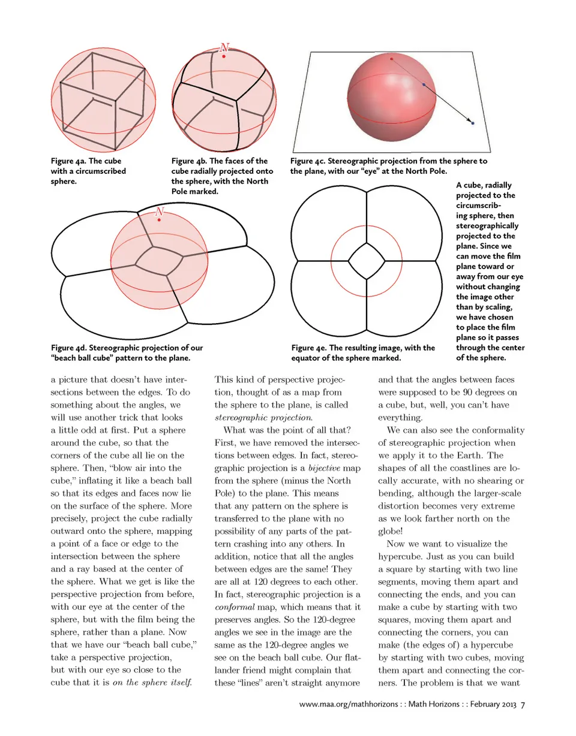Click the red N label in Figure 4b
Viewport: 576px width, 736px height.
click(224, 47)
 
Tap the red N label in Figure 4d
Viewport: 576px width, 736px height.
click(159, 212)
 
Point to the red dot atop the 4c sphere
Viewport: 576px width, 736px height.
click(392, 59)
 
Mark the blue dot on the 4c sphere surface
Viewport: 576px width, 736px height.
click(424, 85)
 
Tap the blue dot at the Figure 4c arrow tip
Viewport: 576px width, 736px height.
click(473, 123)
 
